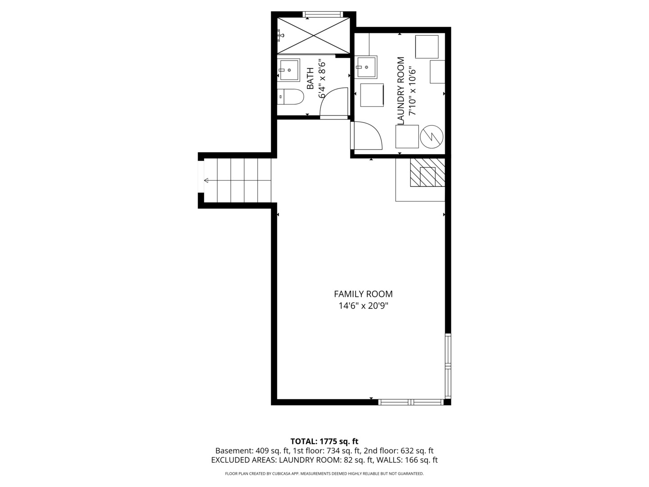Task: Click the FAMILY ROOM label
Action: coord(363,294)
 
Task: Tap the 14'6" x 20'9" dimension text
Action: coord(363,306)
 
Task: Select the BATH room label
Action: coord(311,78)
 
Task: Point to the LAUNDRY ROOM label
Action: coord(400,91)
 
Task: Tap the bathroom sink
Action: coord(288,70)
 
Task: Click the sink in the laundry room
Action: coord(366,68)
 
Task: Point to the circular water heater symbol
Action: coord(432,136)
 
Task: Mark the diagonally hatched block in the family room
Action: coord(427,172)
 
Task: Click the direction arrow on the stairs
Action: coord(208,180)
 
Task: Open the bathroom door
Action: coord(334,103)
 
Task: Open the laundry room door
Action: coord(367,136)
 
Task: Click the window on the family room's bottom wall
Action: coord(411,402)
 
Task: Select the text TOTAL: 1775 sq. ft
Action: coord(324,441)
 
